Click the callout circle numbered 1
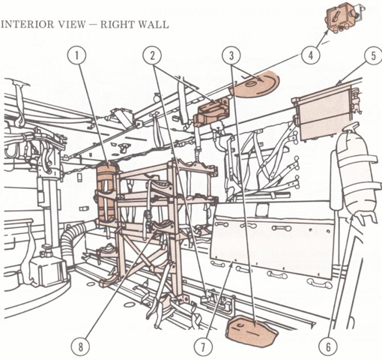click(77, 56)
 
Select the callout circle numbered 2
click(152, 56)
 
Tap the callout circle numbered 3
click(231, 56)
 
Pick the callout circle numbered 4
click(311, 55)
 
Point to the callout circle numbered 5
click(373, 56)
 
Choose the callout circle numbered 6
click(328, 346)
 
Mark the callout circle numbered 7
click(203, 346)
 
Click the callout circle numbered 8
click(80, 346)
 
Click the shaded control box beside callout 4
click(344, 17)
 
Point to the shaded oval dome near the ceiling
click(255, 84)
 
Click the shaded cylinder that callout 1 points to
click(107, 193)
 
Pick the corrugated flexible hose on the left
click(74, 240)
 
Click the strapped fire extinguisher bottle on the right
click(355, 172)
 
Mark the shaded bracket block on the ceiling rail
click(211, 111)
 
